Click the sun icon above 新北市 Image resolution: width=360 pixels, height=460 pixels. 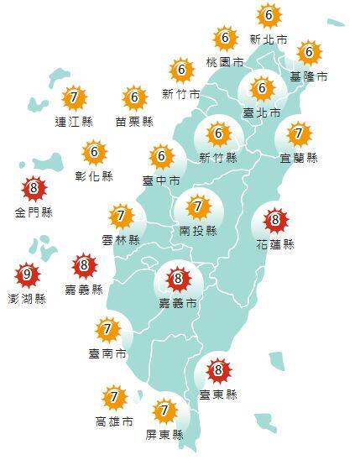pyautogui.click(x=268, y=16)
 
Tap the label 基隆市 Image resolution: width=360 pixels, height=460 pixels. pyautogui.click(x=309, y=76)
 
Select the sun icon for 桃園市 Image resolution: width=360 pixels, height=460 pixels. pyautogui.click(x=225, y=39)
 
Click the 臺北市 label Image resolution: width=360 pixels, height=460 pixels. pyautogui.click(x=260, y=111)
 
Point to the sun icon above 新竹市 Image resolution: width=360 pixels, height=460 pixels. pyautogui.click(x=180, y=70)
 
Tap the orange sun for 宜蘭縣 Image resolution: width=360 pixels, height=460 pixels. pyautogui.click(x=298, y=133)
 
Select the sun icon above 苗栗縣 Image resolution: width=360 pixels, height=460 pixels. pyautogui.click(x=134, y=98)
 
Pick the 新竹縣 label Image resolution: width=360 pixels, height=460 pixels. pyautogui.click(x=217, y=157)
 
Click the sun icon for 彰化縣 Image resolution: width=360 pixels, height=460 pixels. pyautogui.click(x=95, y=153)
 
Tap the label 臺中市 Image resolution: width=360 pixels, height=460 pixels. pyautogui.click(x=161, y=180)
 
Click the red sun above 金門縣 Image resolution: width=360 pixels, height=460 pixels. pyautogui.click(x=34, y=189)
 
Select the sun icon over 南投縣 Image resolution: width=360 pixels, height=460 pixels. pyautogui.click(x=198, y=206)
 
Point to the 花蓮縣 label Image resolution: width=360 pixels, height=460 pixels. pyautogui.click(x=275, y=245)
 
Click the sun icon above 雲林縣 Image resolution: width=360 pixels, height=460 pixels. pyautogui.click(x=121, y=217)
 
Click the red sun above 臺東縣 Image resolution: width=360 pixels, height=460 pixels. pyautogui.click(x=218, y=369)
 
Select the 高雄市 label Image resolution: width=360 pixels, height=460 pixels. pyautogui.click(x=114, y=420)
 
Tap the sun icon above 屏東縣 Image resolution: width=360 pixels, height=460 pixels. pyautogui.click(x=164, y=411)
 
